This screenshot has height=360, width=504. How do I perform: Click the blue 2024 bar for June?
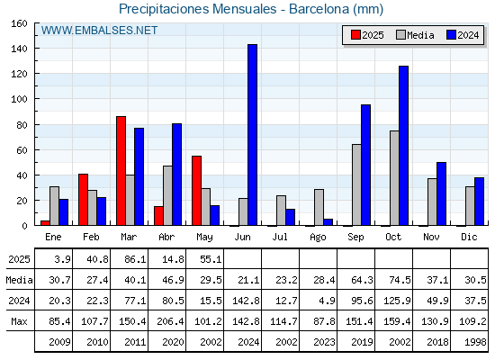coord(252,135)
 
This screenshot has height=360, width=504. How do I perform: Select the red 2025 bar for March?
coord(121,171)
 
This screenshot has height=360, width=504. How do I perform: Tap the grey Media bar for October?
coord(394,178)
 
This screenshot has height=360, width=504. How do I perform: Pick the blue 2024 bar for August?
coord(328,222)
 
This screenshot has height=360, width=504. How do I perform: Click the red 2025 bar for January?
coord(45,223)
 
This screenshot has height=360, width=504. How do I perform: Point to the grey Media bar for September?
coord(356,184)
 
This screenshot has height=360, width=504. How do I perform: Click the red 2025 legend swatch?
coord(355,35)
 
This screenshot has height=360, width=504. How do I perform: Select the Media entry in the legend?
coord(415,35)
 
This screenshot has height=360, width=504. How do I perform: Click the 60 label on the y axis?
coord(22,150)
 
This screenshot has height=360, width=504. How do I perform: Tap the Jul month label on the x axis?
coord(280,237)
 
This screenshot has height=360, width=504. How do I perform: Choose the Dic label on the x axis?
coord(469,237)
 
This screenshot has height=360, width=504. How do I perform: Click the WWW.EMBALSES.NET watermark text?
coord(99,31)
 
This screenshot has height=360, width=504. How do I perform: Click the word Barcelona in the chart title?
coord(319,9)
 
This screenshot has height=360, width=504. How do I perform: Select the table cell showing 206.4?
coord(170,321)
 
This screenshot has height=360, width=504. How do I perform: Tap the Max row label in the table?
coord(19,321)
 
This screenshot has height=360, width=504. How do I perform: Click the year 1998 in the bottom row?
coord(475,342)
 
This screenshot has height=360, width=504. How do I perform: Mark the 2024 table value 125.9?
coord(397,301)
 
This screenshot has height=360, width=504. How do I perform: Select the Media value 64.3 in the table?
coord(362,280)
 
